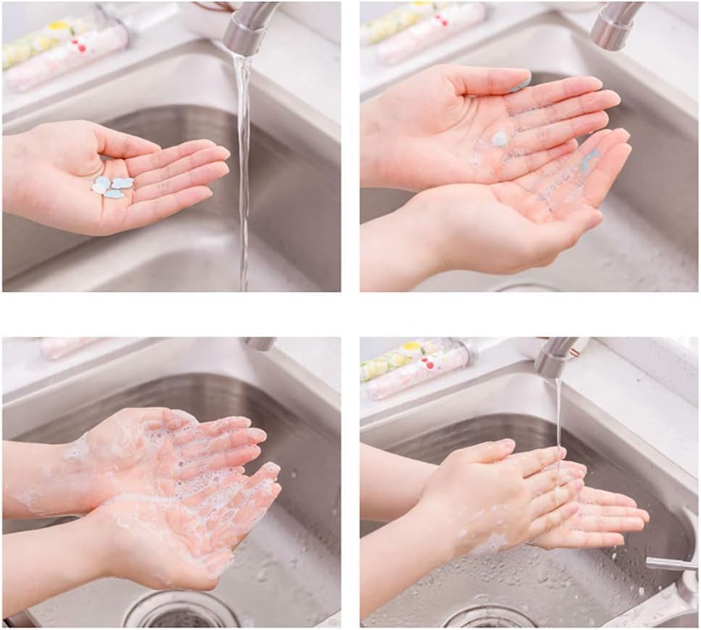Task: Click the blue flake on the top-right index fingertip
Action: point(521,84)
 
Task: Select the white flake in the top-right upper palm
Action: point(499,138)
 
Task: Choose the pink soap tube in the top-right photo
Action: point(432,33)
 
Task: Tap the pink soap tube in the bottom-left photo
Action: point(65,347)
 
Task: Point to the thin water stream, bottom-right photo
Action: point(558,414)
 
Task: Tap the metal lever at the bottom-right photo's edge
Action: point(672,563)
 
